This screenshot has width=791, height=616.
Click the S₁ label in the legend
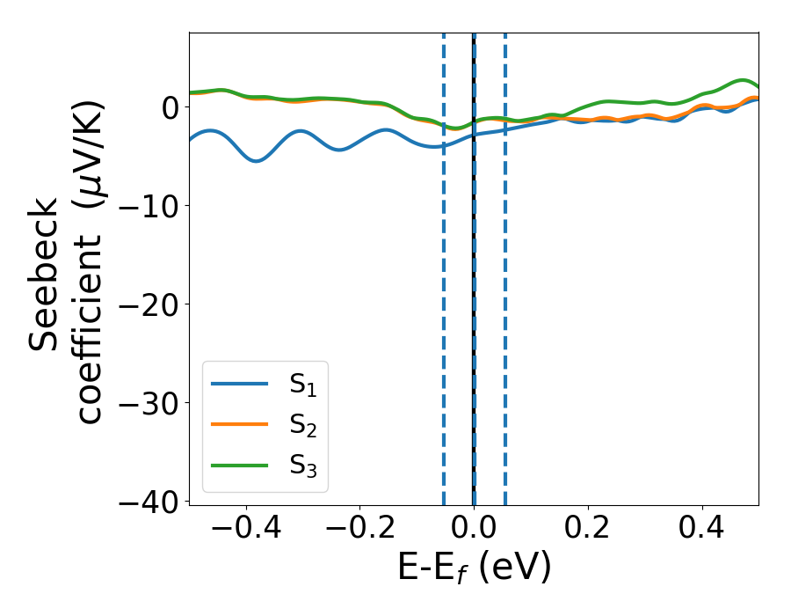tap(303, 385)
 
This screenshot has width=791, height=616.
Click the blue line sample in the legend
tap(239, 384)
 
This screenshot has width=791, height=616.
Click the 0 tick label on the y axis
tap(169, 106)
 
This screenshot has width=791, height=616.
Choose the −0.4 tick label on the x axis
tap(245, 529)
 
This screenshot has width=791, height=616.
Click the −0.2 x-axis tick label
tap(359, 529)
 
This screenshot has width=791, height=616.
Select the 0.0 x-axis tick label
tap(474, 529)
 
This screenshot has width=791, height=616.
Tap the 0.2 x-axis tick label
tap(588, 529)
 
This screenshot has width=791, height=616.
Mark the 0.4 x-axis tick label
tap(702, 529)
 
